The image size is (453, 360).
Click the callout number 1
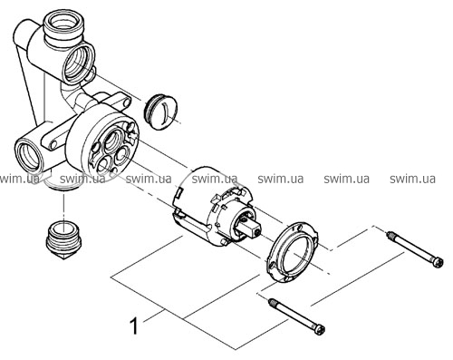(x=134, y=326)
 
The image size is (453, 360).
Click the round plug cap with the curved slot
(x=160, y=112)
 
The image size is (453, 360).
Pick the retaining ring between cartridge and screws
(x=292, y=252)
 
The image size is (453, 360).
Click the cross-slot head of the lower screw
(x=320, y=329)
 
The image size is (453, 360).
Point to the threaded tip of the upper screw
(x=390, y=234)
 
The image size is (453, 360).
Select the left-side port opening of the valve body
(x=29, y=156)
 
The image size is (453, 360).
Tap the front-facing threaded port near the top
(x=79, y=63)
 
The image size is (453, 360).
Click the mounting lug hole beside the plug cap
(x=125, y=102)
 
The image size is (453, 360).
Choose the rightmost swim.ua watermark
(x=412, y=179)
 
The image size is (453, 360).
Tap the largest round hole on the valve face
(x=112, y=140)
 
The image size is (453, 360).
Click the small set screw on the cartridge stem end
(x=257, y=232)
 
